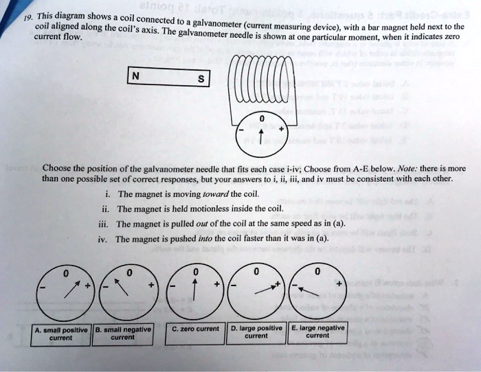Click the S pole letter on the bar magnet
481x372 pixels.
[x=200, y=80]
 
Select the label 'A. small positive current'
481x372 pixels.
[x=61, y=334]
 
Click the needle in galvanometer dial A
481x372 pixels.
[x=71, y=292]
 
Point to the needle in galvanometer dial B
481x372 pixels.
[x=125, y=291]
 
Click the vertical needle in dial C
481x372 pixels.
[x=196, y=291]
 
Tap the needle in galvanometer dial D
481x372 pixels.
[x=265, y=288]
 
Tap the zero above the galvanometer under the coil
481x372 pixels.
[x=261, y=117]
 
